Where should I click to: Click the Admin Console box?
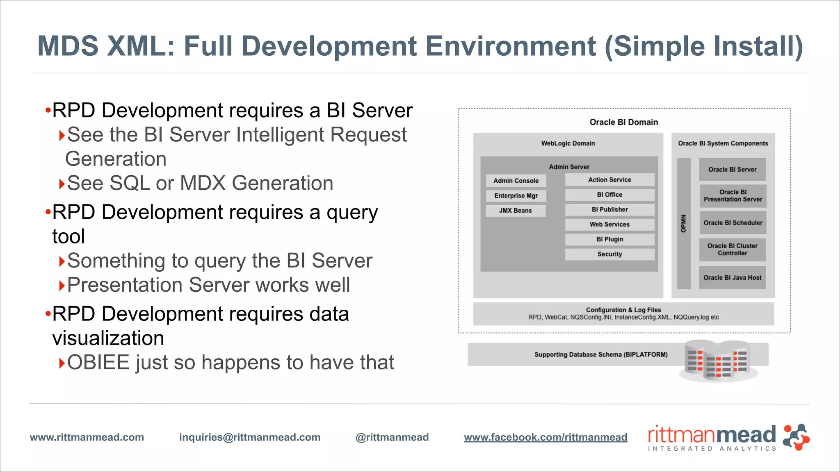(516, 181)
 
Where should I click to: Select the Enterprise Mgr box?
(516, 196)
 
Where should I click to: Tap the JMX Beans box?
(516, 211)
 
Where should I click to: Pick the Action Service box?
(609, 180)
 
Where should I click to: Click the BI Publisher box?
(609, 210)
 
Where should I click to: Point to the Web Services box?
(609, 225)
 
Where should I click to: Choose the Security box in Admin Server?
(609, 254)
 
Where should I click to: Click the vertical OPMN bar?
(684, 223)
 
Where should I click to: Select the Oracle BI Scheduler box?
(733, 223)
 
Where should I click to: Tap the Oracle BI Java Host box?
(733, 278)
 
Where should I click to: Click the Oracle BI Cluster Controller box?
(733, 250)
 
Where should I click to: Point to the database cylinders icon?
(718, 361)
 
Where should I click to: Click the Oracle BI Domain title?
(623, 122)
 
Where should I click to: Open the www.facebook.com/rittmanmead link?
(546, 437)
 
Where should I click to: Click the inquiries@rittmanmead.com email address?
(250, 437)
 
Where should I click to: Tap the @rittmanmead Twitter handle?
(392, 437)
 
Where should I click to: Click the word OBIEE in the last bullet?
(98, 363)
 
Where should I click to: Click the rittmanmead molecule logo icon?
(796, 437)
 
